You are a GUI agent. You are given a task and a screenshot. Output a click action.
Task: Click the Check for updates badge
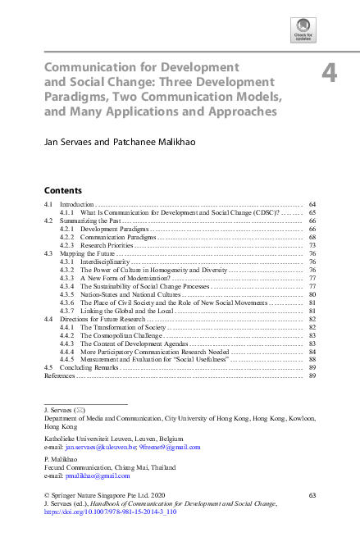[303, 31]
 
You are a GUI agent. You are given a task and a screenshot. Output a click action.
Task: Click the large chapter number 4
[329, 73]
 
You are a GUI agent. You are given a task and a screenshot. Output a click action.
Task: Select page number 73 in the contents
[312, 245]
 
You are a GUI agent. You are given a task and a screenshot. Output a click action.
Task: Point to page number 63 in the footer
[312, 495]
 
